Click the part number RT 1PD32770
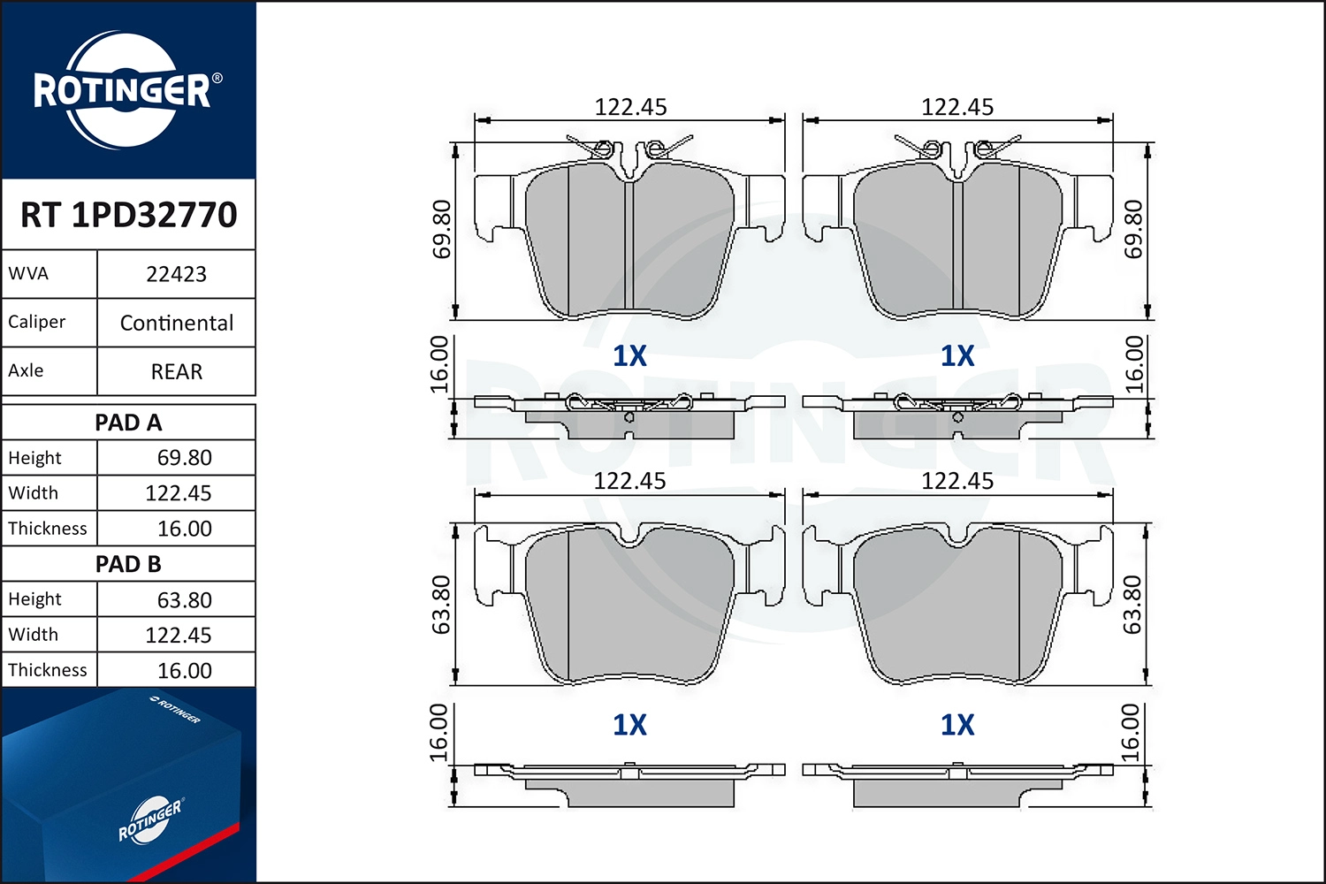pos(128,214)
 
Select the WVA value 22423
pos(177,274)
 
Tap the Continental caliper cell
pos(177,323)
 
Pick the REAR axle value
pos(177,371)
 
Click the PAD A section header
pos(128,423)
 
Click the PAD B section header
pos(128,564)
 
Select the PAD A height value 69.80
pos(184,458)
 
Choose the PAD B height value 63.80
pos(184,599)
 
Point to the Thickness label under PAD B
pos(48,670)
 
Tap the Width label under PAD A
pos(34,492)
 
